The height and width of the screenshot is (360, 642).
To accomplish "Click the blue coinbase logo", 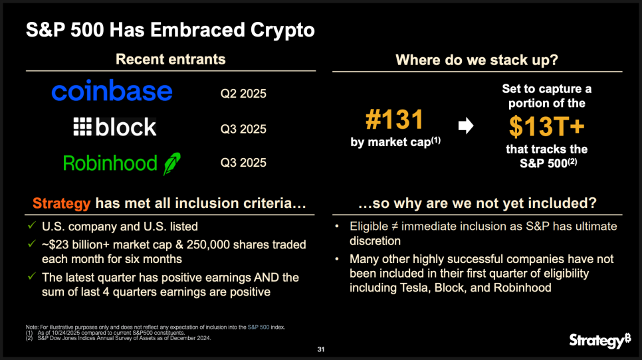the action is tap(112, 91).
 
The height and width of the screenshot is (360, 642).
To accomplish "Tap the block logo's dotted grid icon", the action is tap(82, 126).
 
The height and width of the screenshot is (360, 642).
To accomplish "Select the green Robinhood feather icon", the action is tap(172, 163).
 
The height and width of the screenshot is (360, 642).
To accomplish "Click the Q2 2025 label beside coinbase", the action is tap(243, 94).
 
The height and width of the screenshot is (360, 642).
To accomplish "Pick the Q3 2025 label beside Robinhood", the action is tap(243, 163).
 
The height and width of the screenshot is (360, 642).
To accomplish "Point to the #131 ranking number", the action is tap(394, 120).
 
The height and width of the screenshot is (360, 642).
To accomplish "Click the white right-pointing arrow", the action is tap(466, 126).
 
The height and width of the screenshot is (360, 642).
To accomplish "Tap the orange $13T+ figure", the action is tap(546, 126).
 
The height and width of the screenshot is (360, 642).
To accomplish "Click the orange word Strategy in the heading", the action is tap(61, 203).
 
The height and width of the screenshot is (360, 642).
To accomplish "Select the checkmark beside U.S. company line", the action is tap(31, 225).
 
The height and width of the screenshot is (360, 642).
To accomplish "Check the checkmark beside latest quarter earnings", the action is tap(31, 276).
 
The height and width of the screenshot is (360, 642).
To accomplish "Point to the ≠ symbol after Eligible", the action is tap(395, 226).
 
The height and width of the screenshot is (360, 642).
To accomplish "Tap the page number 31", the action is tap(321, 349).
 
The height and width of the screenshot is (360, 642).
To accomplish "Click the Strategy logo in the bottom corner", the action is tap(600, 340).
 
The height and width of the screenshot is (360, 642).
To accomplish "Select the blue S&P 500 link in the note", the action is tap(259, 327).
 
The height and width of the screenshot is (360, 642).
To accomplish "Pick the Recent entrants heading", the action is tap(171, 59).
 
